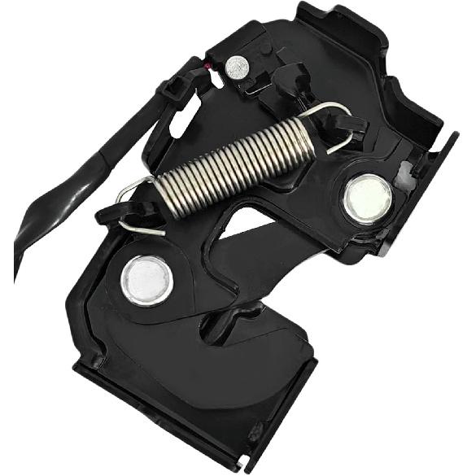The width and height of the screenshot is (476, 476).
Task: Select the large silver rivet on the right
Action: pos(367,199)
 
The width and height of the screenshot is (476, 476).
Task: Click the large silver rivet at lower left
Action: pos(146,278)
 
